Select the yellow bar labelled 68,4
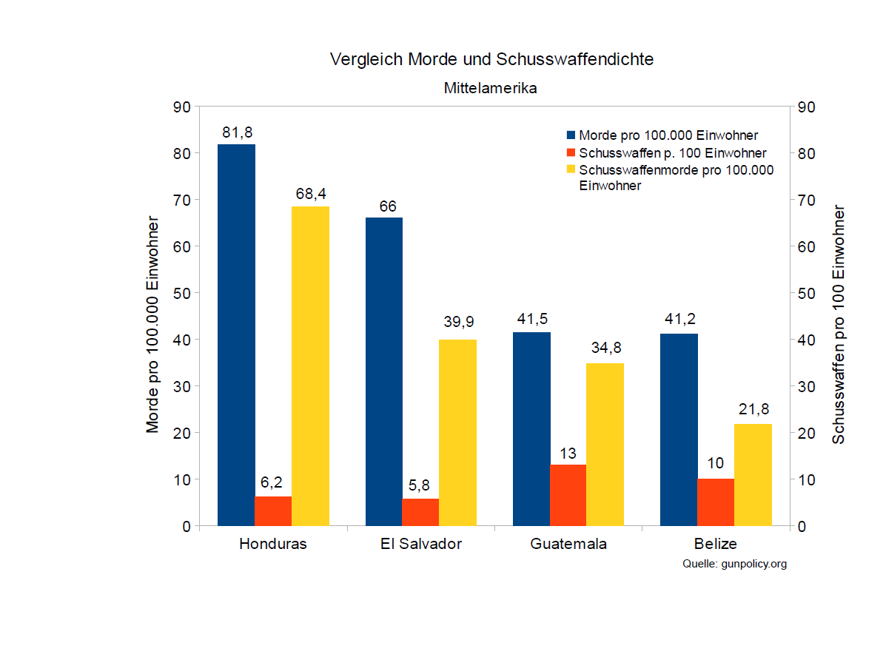pyautogui.click(x=310, y=366)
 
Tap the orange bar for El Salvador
pyautogui.click(x=420, y=512)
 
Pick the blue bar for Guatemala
pyautogui.click(x=531, y=429)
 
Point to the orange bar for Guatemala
pyautogui.click(x=568, y=495)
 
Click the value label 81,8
pyautogui.click(x=237, y=133)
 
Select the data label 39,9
pyautogui.click(x=457, y=322)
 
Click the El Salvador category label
pyautogui.click(x=420, y=544)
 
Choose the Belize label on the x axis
pyautogui.click(x=716, y=544)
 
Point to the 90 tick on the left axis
pyautogui.click(x=182, y=107)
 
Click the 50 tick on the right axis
pyautogui.click(x=807, y=293)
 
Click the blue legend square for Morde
pyautogui.click(x=571, y=135)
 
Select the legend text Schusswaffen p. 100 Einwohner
pyautogui.click(x=672, y=153)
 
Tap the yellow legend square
pyautogui.click(x=571, y=170)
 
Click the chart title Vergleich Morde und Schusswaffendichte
pyautogui.click(x=491, y=59)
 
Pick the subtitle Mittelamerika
pyautogui.click(x=491, y=88)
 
